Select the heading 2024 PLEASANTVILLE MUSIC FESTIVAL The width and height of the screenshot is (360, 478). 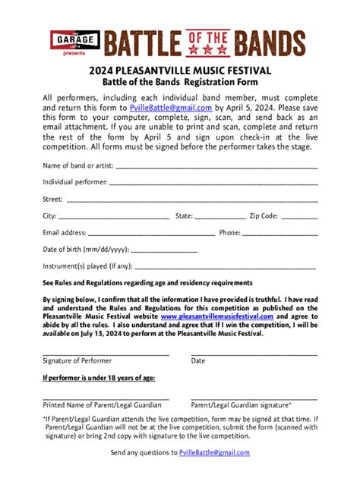point(180,71)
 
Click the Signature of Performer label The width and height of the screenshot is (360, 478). point(77,360)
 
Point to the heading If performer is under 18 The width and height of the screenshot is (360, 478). point(99,377)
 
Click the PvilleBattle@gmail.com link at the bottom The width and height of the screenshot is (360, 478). point(214,453)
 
